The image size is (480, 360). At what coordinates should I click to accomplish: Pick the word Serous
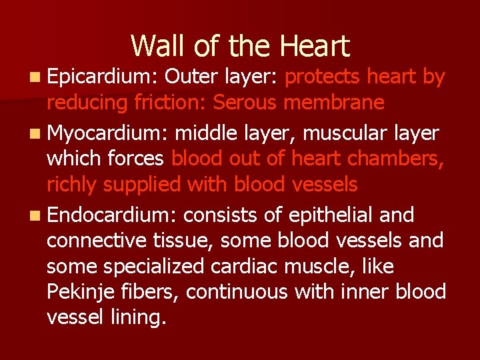tap(247, 103)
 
